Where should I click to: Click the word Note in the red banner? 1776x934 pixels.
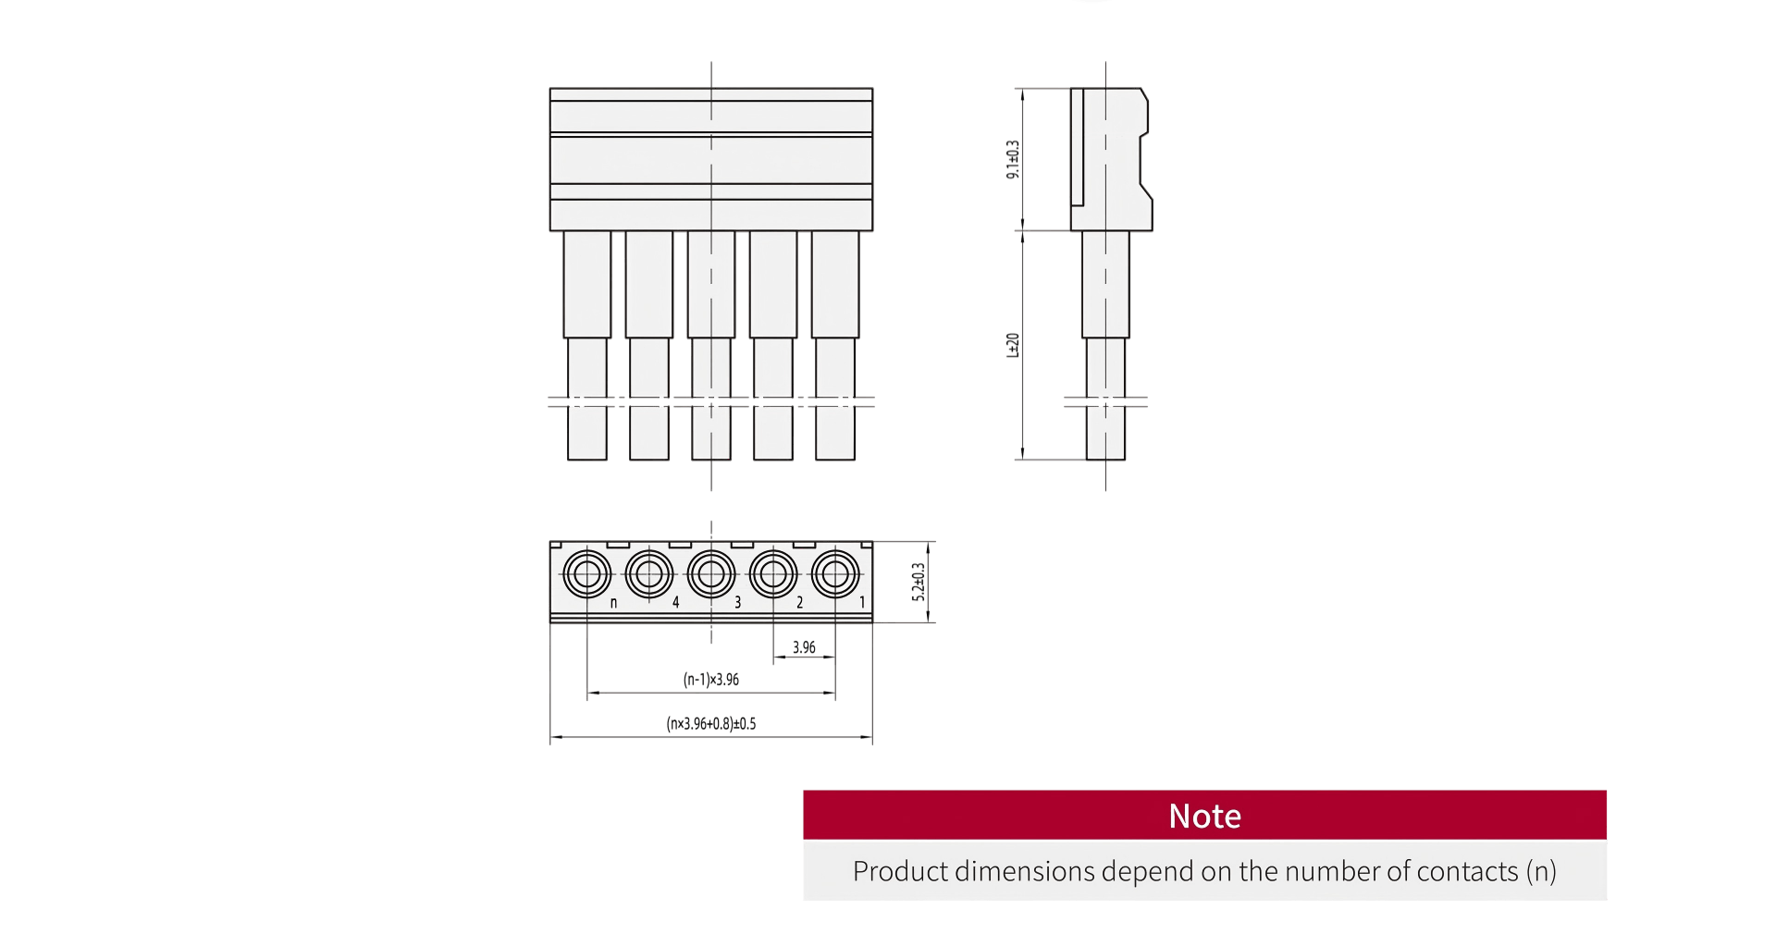(x=1204, y=817)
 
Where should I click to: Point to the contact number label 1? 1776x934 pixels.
(x=862, y=603)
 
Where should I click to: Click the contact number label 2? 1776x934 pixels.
(x=800, y=603)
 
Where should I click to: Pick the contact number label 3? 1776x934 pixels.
(x=738, y=603)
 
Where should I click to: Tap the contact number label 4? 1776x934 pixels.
(x=676, y=603)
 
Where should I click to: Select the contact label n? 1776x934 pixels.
(x=613, y=603)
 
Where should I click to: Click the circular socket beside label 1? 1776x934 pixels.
(x=835, y=574)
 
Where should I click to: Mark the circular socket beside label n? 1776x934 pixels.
(x=587, y=574)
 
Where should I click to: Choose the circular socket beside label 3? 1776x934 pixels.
(x=711, y=574)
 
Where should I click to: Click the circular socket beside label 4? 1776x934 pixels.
(x=649, y=574)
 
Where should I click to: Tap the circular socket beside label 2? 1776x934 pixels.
(x=773, y=574)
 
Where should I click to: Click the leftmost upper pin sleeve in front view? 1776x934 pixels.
(x=587, y=284)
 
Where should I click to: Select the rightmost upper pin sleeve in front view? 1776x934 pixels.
(x=835, y=284)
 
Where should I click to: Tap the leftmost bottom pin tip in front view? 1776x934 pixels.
(x=587, y=434)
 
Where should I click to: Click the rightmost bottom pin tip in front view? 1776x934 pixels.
(x=835, y=434)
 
